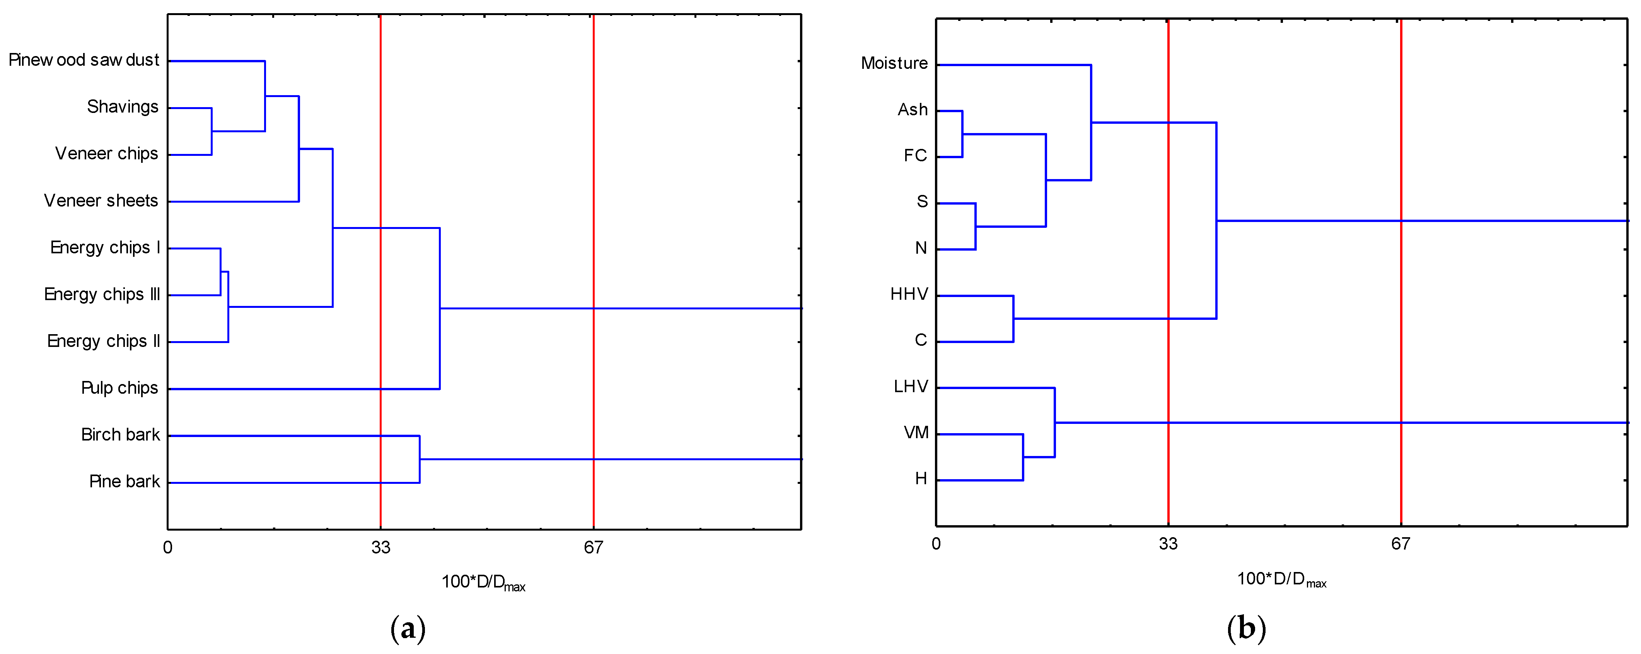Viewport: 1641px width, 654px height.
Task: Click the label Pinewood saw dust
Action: [84, 60]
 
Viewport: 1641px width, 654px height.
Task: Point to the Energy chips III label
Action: [102, 294]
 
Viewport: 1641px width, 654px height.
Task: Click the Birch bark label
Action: [120, 435]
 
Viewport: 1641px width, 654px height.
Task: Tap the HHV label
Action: [909, 294]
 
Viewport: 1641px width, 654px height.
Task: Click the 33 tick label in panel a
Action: [381, 547]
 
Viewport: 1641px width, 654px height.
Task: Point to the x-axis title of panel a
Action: [483, 582]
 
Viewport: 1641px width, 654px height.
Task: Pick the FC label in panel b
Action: [915, 155]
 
